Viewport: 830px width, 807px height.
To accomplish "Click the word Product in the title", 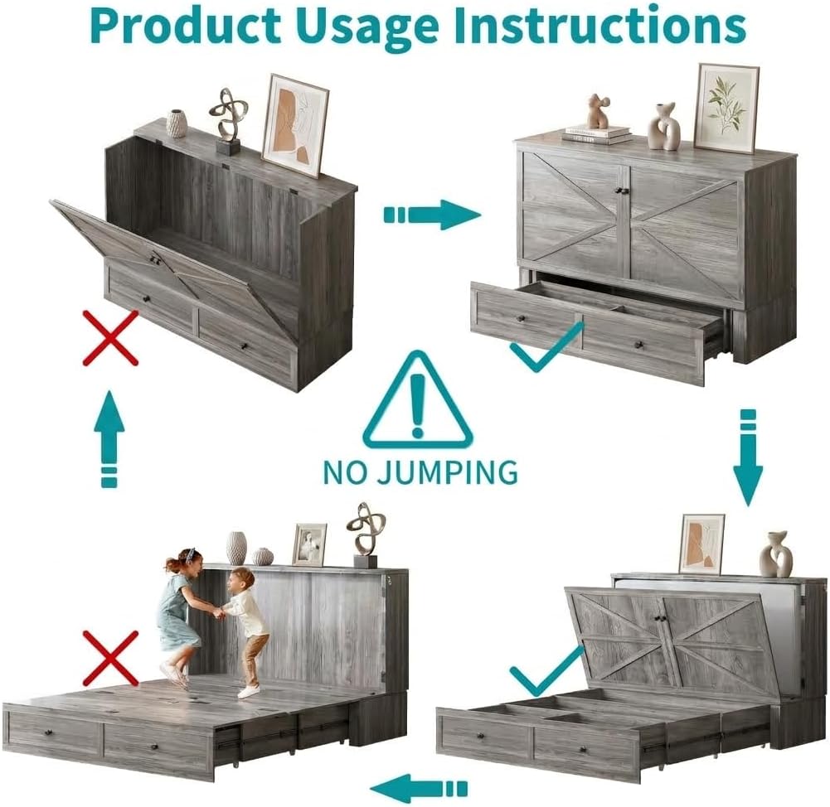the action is tap(185, 27).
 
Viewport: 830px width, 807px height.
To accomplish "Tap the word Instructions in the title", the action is tap(599, 26).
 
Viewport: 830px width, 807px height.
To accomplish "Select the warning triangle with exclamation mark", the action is tap(418, 400).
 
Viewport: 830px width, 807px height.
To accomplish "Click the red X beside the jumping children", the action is tap(111, 659).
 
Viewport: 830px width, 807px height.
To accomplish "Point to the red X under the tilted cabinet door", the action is tap(110, 338).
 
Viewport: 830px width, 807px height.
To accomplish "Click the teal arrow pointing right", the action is tap(432, 215).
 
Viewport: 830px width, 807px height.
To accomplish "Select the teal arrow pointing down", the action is tap(747, 457).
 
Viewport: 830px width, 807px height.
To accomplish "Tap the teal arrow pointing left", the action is tap(418, 789).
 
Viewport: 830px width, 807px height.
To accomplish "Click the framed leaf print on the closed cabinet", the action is tap(726, 109).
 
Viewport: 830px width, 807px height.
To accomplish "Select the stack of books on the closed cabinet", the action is tap(596, 134).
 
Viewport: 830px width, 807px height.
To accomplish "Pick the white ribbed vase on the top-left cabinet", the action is tap(177, 123).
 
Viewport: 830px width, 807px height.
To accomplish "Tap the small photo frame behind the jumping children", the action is tap(309, 544).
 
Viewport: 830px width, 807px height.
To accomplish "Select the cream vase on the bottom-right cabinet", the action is tap(776, 554).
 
